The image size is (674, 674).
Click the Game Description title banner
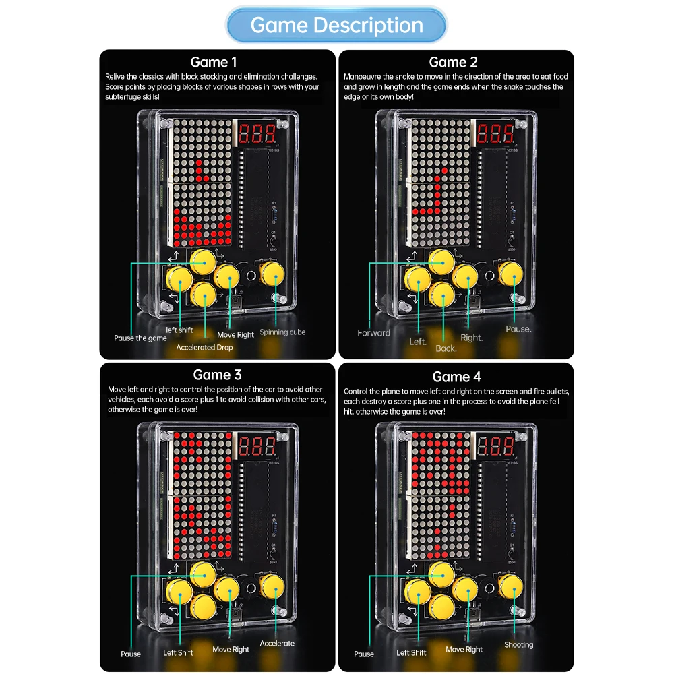(x=336, y=26)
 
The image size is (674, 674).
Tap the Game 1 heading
(x=214, y=62)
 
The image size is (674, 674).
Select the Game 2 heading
(x=453, y=62)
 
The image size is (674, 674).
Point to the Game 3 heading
(x=217, y=375)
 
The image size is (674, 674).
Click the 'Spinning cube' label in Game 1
(x=282, y=332)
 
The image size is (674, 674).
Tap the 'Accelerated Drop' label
(x=204, y=347)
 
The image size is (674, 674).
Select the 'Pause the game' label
(x=140, y=338)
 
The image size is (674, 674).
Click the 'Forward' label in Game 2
(x=373, y=333)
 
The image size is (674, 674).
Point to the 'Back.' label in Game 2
(x=446, y=348)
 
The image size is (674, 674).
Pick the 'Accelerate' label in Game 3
(x=277, y=644)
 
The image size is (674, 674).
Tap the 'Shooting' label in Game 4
(x=518, y=645)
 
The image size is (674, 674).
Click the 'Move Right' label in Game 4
(x=464, y=650)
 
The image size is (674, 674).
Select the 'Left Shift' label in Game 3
(x=178, y=652)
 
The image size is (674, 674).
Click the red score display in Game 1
(x=257, y=133)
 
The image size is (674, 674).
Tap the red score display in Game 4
(x=495, y=446)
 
